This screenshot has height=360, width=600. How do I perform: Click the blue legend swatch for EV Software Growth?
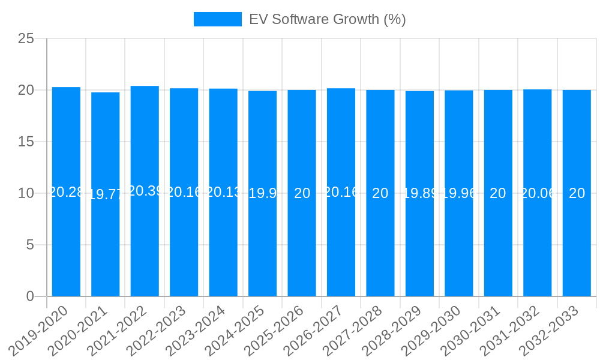[217, 19]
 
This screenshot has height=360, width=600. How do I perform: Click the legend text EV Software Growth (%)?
[327, 19]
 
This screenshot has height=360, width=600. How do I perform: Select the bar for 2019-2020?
[66, 192]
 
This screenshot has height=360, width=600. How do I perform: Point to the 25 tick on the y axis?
[26, 39]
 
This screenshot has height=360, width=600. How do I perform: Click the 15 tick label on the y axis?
[26, 142]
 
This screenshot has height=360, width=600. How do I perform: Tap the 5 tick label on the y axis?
[30, 245]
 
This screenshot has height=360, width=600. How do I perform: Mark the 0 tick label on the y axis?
[30, 296]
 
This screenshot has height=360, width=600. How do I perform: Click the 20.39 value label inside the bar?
[145, 191]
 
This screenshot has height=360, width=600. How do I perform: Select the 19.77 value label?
[106, 194]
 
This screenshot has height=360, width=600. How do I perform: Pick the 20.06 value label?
[538, 193]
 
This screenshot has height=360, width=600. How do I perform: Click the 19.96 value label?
[459, 193]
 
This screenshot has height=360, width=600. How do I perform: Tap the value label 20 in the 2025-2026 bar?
[302, 193]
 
